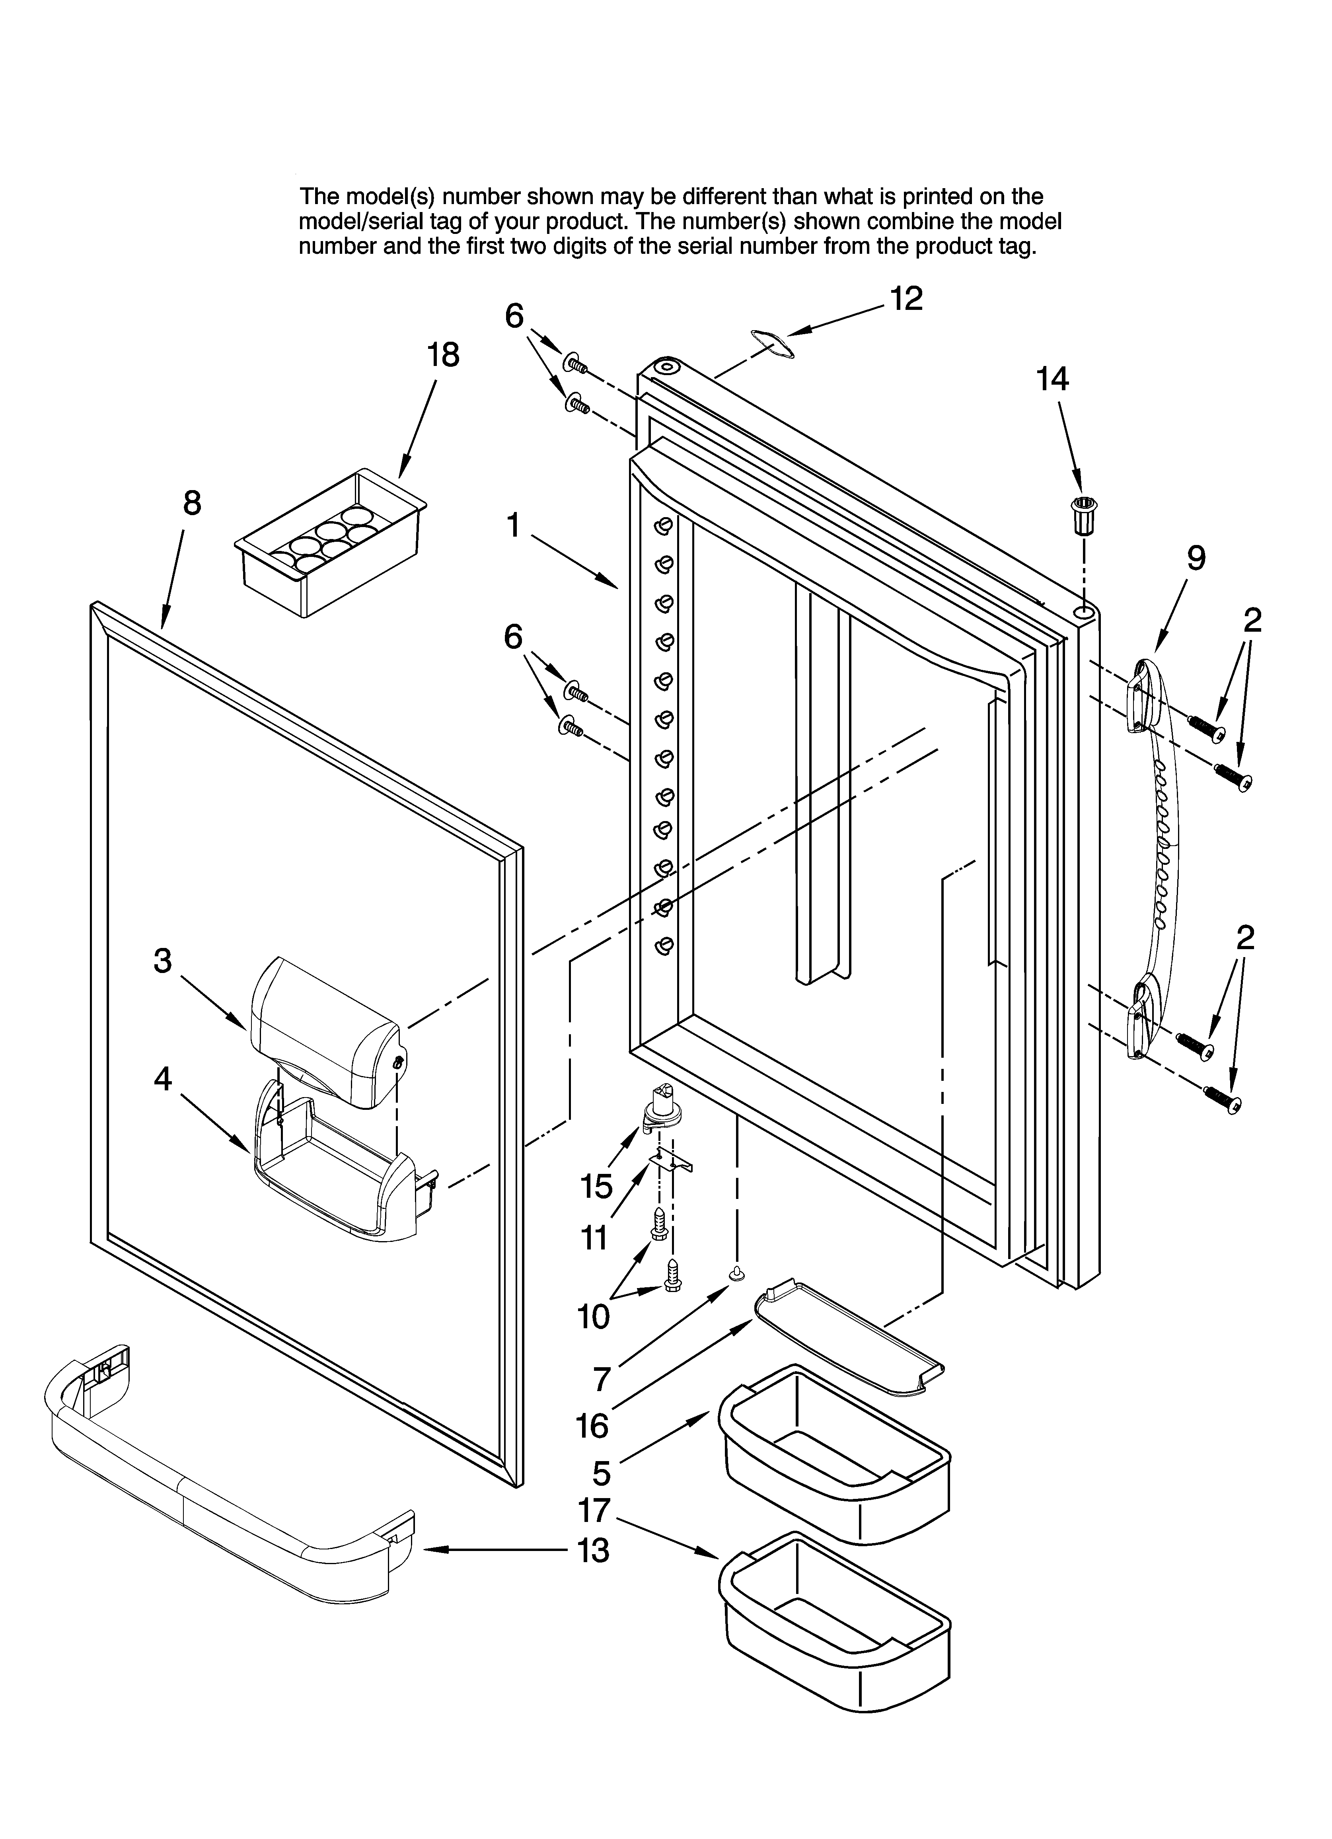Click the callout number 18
point(443,355)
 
